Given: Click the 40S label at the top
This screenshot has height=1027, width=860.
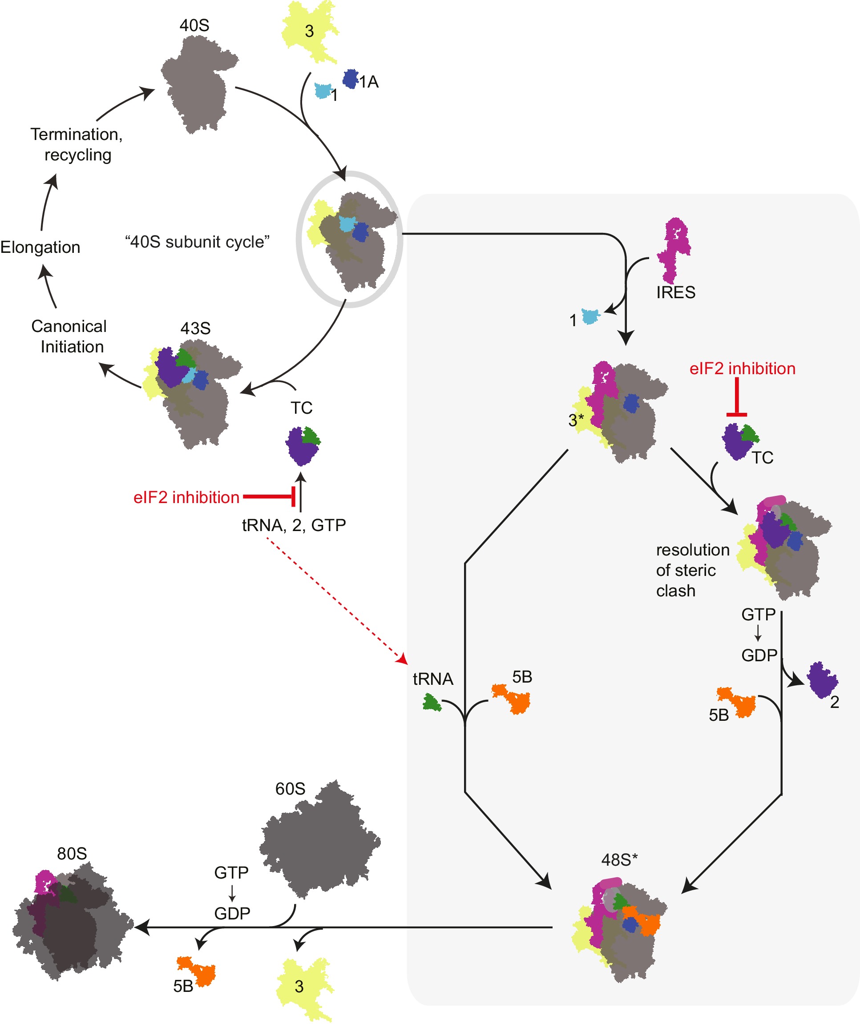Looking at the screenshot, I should point(194,25).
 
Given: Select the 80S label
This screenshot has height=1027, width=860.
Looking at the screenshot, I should point(72,854).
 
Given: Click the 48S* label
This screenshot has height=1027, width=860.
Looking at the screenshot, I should point(619,860).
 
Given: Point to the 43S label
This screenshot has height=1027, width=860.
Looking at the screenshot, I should point(195,328).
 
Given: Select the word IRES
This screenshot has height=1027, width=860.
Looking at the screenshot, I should point(675,292).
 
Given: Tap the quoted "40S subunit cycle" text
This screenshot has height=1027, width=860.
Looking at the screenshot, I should point(197,242).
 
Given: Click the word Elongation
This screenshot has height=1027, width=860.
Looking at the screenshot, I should point(40,247).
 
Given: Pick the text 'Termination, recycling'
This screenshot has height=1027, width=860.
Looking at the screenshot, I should point(77,144).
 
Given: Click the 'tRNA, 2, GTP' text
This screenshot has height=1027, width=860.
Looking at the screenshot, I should point(294,525).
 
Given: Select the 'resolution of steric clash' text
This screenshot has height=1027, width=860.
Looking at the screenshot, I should point(692,570).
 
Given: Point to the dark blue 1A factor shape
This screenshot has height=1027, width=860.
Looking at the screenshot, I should point(350,79).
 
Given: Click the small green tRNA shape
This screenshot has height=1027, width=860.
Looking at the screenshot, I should point(432,703).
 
